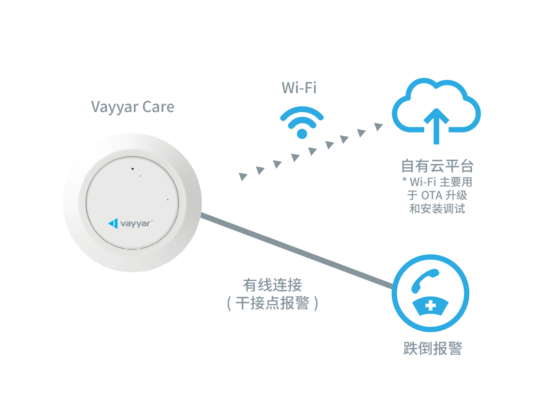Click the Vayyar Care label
[133, 107]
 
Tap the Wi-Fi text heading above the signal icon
[299, 88]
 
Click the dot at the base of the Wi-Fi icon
[302, 134]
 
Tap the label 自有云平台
[437, 166]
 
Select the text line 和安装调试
[437, 209]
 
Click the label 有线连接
[272, 285]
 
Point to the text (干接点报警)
[272, 303]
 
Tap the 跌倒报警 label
[433, 349]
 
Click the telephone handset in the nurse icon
[423, 280]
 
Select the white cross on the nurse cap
[430, 306]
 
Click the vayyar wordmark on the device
[135, 224]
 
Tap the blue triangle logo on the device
[113, 223]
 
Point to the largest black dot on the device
[133, 169]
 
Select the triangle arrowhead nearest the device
[243, 176]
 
